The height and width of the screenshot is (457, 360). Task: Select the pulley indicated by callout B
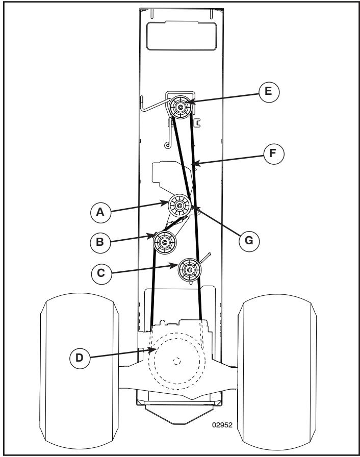[165, 242]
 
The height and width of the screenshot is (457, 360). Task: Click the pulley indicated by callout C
[188, 268]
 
